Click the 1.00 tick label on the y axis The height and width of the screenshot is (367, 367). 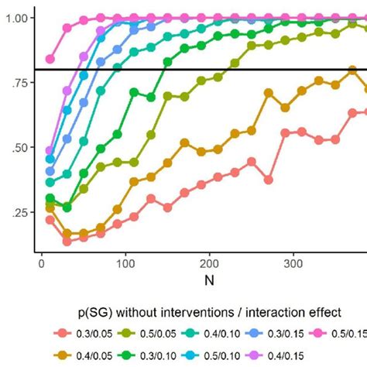17,18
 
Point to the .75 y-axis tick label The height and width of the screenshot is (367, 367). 20,83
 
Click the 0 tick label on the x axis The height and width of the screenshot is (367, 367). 41,264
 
